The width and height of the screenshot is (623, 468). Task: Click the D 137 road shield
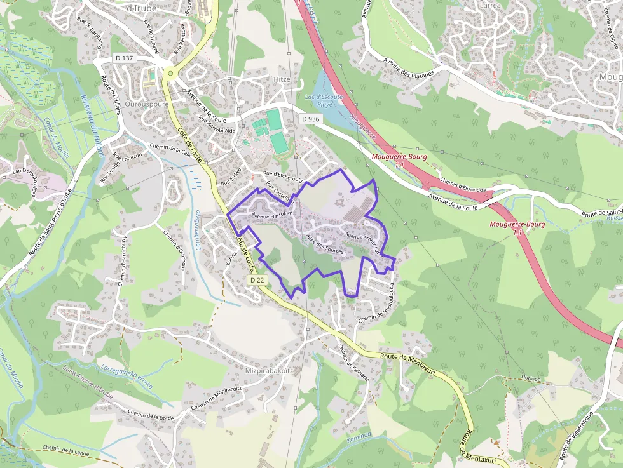click(x=124, y=58)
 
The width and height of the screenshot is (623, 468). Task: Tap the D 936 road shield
click(x=310, y=119)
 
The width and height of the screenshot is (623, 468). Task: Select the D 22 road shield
click(x=257, y=280)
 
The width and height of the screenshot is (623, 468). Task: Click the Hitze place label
click(x=281, y=79)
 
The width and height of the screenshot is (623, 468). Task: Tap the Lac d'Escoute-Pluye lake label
click(x=324, y=100)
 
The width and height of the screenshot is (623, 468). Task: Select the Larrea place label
click(x=491, y=6)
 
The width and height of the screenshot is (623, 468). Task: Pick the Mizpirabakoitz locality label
click(x=269, y=370)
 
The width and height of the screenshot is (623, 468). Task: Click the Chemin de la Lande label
click(x=66, y=449)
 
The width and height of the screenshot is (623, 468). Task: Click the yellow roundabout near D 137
click(x=170, y=74)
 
